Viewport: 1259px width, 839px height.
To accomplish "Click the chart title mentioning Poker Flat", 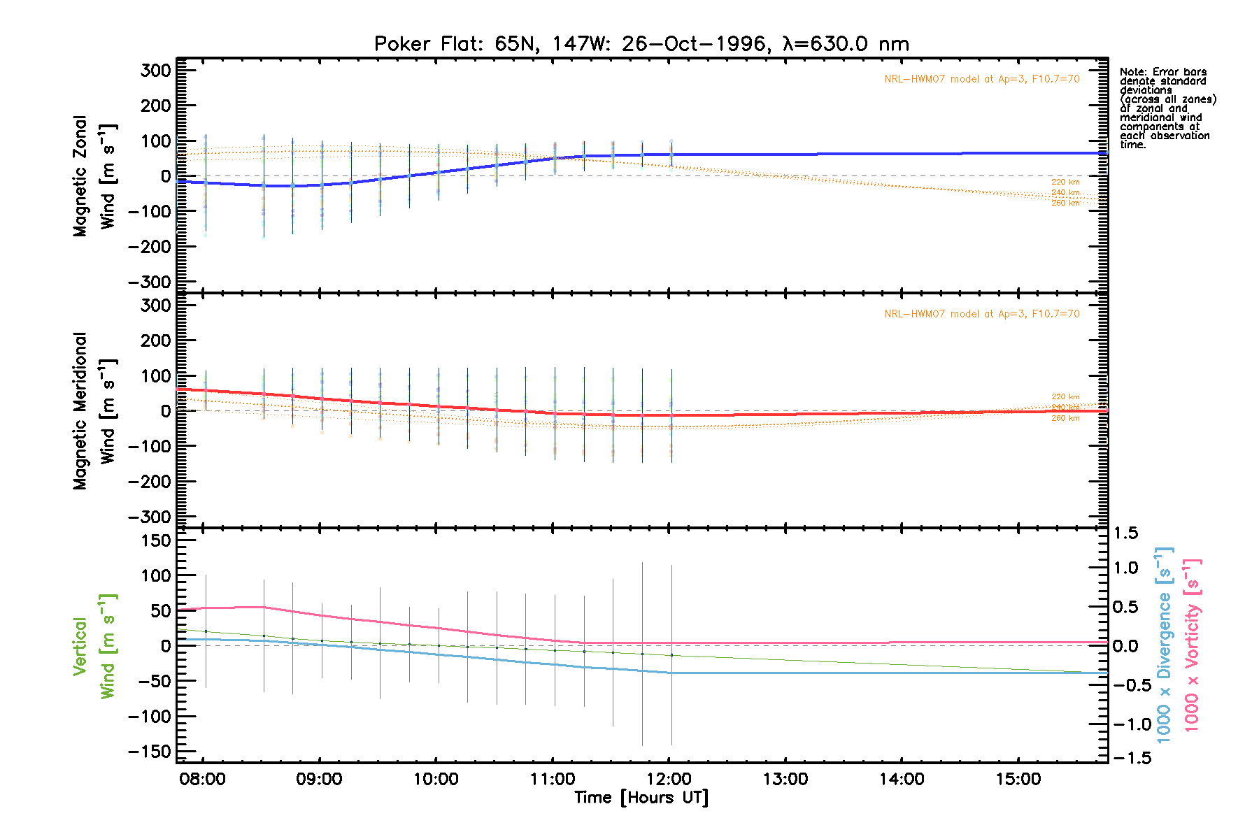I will pos(641,44).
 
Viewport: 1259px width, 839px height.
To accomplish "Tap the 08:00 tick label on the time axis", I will pos(203,779).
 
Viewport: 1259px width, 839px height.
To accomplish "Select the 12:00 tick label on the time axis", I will pos(669,779).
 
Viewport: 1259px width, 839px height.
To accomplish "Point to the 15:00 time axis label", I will pos(1018,779).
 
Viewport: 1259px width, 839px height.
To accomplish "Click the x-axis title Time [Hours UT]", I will pos(641,798).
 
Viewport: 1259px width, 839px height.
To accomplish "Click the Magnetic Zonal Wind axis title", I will pos(94,176).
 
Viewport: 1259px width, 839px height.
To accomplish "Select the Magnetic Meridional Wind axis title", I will pos(94,411).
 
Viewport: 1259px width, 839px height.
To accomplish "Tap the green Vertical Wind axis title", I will pos(94,646).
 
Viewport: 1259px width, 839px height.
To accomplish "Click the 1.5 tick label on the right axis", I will pos(1125,533).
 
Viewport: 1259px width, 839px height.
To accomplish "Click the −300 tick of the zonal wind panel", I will pos(150,282).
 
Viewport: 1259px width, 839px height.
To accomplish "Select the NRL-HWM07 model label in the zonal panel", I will pos(981,79).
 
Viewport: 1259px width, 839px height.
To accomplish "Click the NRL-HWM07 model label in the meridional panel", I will pos(981,314).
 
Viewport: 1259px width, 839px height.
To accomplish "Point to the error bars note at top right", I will pos(1167,108).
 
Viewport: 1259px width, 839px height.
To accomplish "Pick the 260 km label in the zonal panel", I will pos(1065,203).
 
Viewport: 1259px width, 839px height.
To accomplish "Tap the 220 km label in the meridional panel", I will pos(1065,397).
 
